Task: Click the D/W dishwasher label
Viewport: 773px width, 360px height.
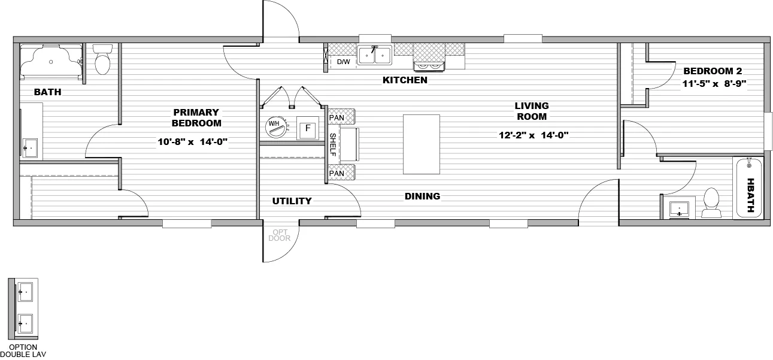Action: (x=343, y=62)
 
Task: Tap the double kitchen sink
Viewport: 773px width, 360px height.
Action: (x=375, y=55)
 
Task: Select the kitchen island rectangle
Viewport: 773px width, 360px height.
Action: (x=421, y=144)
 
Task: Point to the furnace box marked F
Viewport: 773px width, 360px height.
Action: (x=308, y=129)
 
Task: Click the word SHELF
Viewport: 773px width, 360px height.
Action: (x=334, y=144)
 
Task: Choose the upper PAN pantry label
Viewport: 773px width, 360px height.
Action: (x=337, y=117)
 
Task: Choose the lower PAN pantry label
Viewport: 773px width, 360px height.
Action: (x=337, y=174)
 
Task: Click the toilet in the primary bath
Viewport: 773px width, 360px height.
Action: (x=103, y=60)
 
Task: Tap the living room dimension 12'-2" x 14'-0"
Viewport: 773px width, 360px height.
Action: (x=533, y=135)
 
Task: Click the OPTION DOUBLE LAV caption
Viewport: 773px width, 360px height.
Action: (x=23, y=350)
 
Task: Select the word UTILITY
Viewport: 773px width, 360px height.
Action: (x=292, y=201)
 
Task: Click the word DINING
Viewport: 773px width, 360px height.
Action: (x=422, y=196)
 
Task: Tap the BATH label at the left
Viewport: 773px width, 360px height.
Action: (x=47, y=92)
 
